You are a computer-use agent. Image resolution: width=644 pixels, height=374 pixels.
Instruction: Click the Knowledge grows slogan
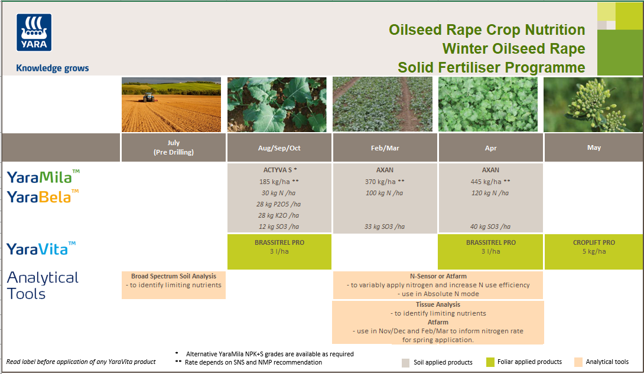pyautogui.click(x=52, y=68)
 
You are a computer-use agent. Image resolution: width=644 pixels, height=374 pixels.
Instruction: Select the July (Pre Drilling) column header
pyautogui.click(x=173, y=147)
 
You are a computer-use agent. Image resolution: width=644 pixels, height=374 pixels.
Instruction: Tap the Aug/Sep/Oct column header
pyautogui.click(x=279, y=148)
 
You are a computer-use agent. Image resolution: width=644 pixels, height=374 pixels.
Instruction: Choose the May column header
pyautogui.click(x=594, y=147)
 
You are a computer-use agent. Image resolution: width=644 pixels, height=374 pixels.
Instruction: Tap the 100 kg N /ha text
pyautogui.click(x=384, y=193)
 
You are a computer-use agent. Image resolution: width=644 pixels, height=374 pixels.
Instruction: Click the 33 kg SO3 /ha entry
pyautogui.click(x=384, y=227)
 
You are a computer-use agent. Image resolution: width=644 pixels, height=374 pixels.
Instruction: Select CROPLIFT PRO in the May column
pyautogui.click(x=594, y=242)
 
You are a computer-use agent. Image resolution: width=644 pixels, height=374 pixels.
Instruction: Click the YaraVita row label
pyautogui.click(x=41, y=249)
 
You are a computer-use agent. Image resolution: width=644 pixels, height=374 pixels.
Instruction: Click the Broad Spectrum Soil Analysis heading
pyautogui.click(x=174, y=276)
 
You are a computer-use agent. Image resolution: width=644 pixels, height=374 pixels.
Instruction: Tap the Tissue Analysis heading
pyautogui.click(x=438, y=305)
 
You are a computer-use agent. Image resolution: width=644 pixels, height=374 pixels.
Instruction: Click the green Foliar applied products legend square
pyautogui.click(x=490, y=362)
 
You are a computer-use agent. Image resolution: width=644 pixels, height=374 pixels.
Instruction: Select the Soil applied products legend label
pyautogui.click(x=443, y=362)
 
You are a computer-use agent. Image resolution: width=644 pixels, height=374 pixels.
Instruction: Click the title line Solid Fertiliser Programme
pyautogui.click(x=491, y=67)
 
